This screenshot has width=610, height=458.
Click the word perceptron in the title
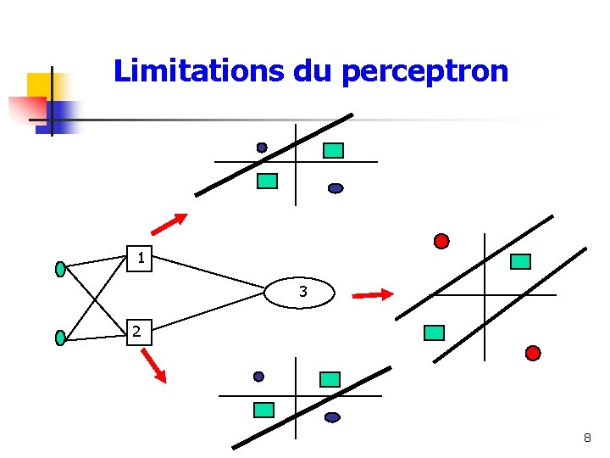425,71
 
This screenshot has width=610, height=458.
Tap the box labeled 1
141,257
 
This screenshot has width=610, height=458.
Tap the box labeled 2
138,332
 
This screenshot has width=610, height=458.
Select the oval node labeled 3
302,293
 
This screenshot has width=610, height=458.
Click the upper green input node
60,269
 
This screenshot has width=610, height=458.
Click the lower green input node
60,338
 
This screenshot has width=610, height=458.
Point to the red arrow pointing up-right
169,223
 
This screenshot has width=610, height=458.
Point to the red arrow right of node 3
373,295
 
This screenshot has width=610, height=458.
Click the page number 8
587,438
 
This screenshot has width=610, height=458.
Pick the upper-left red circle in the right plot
441,241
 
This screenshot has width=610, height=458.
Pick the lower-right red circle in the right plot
533,353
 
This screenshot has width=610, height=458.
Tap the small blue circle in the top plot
262,148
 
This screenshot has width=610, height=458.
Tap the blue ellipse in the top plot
335,188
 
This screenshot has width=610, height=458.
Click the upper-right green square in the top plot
334,150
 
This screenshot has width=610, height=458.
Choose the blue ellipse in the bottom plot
332,417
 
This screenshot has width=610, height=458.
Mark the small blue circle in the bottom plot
258,377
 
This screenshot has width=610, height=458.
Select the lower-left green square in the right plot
434,332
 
